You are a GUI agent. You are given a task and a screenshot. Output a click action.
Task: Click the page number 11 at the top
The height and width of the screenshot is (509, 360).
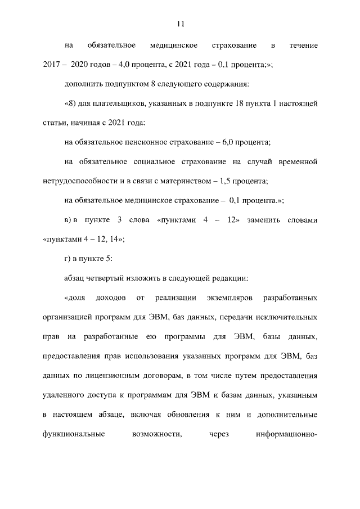point(180,24)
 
